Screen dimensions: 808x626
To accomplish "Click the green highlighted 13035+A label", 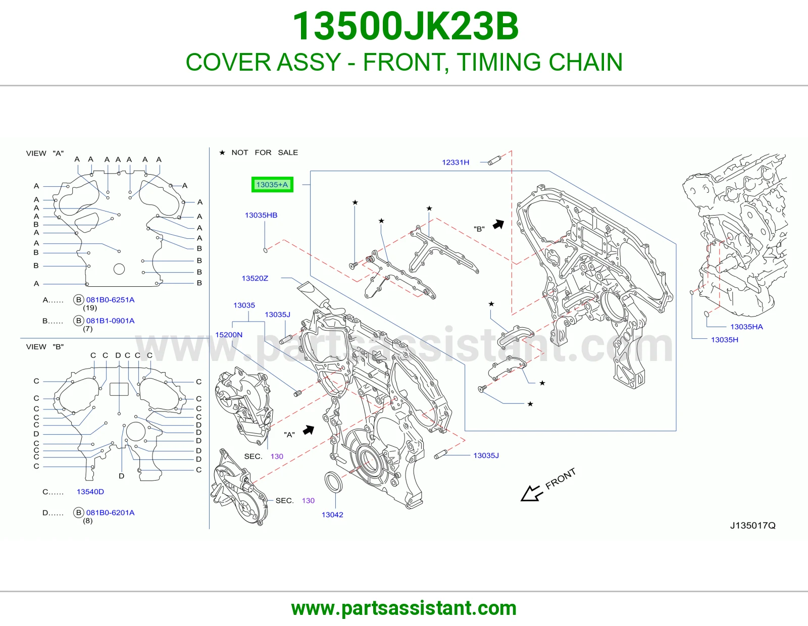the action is [272, 184].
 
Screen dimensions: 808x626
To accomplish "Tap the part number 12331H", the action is [456, 162].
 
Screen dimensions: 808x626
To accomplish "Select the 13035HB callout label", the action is [261, 215].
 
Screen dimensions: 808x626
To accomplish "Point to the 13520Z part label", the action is [255, 278].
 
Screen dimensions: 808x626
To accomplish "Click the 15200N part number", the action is [229, 335].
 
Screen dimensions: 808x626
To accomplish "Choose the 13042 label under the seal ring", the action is [332, 514].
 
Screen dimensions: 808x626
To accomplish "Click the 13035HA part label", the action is [747, 327].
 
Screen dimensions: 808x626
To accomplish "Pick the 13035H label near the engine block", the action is [725, 339].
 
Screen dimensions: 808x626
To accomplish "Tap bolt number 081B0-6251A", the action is [111, 299].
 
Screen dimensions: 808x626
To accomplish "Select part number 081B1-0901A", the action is [111, 321].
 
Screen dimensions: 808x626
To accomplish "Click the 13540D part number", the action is [90, 491].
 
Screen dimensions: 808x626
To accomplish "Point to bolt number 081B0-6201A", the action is [111, 512].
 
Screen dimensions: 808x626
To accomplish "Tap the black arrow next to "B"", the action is [498, 224].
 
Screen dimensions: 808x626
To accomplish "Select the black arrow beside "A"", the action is [309, 430].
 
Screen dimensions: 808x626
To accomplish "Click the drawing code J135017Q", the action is [752, 525].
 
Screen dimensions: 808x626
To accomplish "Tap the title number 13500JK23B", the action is [406, 26].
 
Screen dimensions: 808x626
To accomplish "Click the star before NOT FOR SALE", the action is [222, 152].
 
